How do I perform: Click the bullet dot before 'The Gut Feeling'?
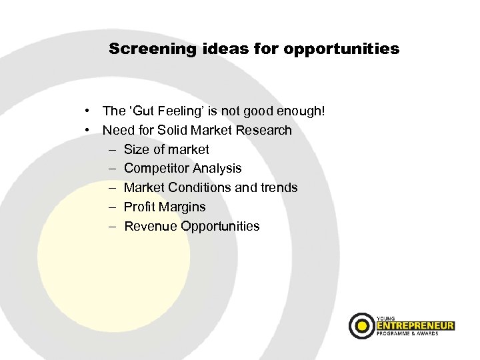click(88, 111)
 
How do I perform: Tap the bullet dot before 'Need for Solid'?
click(88, 130)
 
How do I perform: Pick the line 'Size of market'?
click(166, 149)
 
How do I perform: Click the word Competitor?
click(155, 169)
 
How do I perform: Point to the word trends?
click(279, 188)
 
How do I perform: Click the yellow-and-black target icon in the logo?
click(362, 325)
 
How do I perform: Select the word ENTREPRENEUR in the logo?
click(415, 326)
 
